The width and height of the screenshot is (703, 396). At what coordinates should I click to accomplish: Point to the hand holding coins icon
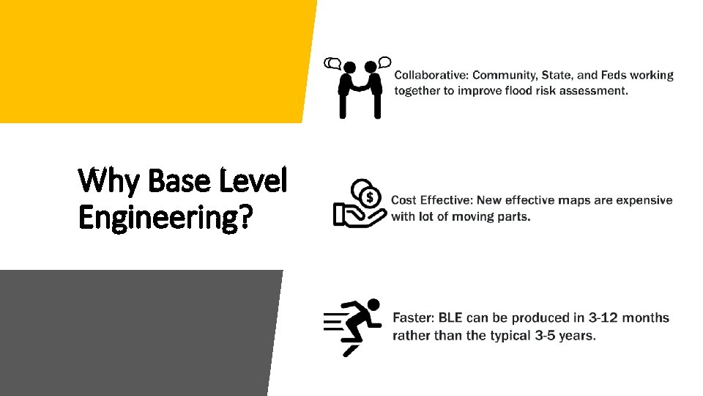[360, 203]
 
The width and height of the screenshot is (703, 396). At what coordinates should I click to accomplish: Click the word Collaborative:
[431, 75]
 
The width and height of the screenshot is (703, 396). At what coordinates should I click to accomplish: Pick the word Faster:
[414, 318]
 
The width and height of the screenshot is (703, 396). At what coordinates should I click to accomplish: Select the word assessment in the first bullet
[592, 91]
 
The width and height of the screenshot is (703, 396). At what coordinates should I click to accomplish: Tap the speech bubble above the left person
[333, 64]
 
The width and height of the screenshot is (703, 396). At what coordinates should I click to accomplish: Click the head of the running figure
[373, 304]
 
